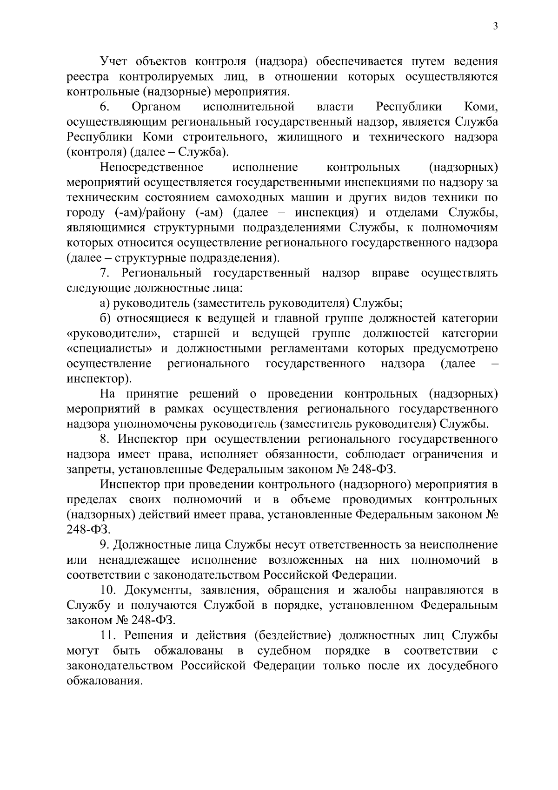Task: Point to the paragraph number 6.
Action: click(105, 108)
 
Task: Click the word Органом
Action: click(156, 108)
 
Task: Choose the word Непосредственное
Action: click(152, 168)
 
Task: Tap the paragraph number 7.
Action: click(105, 273)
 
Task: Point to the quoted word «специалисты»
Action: click(109, 349)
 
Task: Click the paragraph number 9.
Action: click(105, 545)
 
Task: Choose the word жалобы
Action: click(371, 590)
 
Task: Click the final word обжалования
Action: click(104, 681)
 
